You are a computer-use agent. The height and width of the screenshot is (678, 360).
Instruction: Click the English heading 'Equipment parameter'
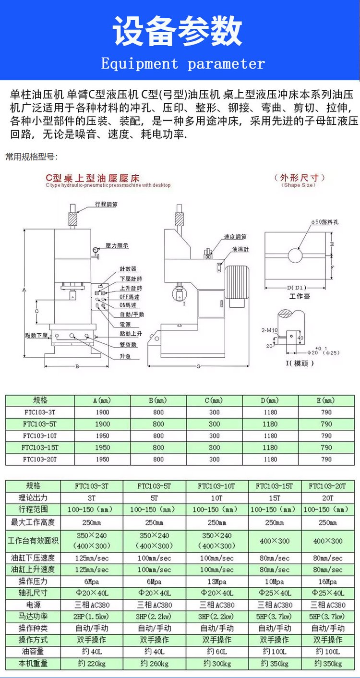point(183,64)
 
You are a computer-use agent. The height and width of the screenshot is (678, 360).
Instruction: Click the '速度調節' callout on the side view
point(235,237)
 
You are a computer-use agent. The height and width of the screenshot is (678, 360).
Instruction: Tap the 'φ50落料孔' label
point(325,222)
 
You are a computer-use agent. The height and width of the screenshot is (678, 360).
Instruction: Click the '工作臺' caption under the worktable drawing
point(300,296)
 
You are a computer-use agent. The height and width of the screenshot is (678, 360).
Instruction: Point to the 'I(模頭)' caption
point(300,363)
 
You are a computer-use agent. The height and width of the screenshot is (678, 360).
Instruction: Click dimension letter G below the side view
point(198,367)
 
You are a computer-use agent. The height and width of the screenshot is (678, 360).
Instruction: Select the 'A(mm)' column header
point(102,400)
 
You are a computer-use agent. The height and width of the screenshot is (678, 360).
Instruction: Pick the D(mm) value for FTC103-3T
point(270,412)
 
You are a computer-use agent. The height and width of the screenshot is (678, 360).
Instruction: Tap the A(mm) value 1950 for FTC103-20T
point(102,460)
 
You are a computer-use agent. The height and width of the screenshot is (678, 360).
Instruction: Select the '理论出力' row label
point(33,497)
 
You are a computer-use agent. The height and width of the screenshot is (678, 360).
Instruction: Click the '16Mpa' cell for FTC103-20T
point(328,581)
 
